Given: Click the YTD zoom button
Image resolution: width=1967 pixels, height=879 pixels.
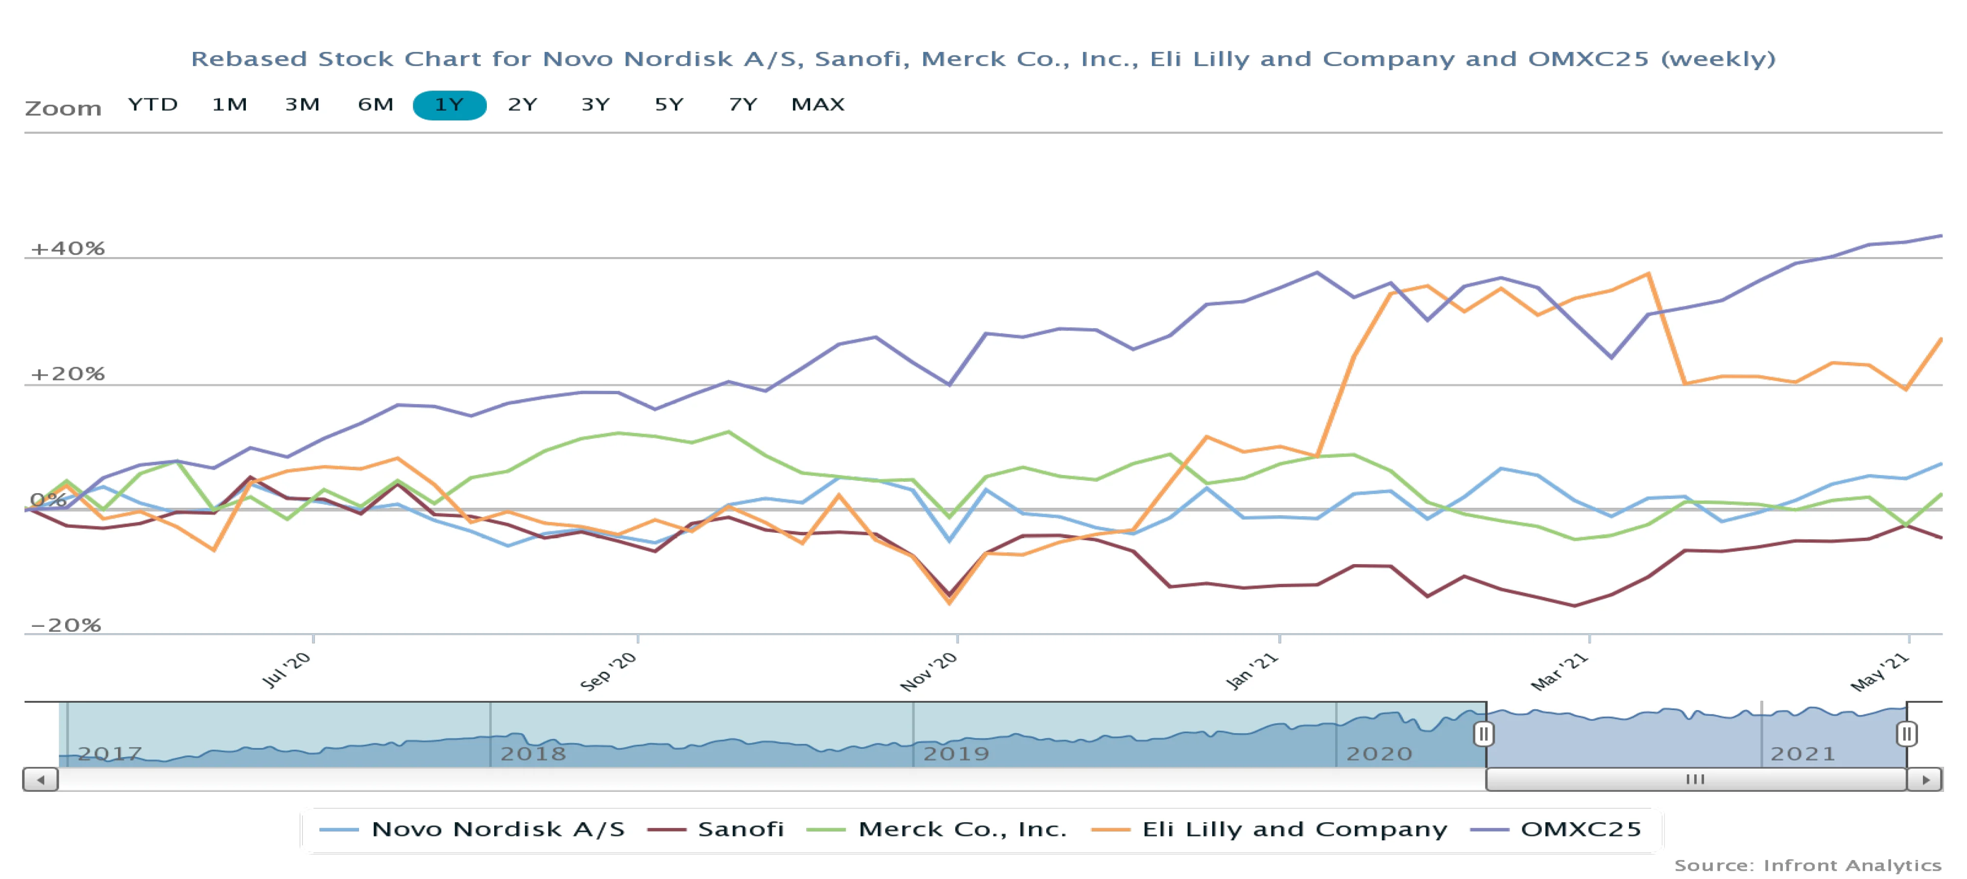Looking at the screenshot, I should (x=153, y=105).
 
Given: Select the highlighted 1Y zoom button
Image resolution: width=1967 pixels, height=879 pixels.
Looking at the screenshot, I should (x=449, y=105).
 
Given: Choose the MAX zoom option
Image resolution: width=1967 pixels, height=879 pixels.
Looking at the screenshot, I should (x=817, y=105).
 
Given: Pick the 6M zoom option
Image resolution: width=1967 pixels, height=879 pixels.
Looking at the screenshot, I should (x=376, y=105).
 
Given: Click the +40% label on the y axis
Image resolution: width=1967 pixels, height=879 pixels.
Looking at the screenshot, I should (x=67, y=248).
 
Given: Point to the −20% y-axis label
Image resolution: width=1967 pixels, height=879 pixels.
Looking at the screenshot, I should (x=65, y=625).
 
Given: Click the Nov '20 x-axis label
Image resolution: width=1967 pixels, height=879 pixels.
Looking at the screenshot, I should (x=929, y=671).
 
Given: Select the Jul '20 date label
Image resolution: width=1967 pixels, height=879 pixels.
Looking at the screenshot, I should (x=287, y=670).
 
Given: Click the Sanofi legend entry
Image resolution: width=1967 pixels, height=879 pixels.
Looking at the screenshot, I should (x=740, y=830).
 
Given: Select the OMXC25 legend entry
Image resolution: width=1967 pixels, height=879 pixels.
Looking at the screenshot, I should (x=1580, y=830).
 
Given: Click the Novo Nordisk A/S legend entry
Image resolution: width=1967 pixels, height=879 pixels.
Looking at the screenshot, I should (x=497, y=830).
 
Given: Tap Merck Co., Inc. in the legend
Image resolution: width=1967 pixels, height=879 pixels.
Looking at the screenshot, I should (x=961, y=830).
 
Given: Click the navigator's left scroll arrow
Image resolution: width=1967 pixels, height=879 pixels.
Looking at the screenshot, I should (x=41, y=780).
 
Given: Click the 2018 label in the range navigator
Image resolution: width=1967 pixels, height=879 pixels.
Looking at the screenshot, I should (x=533, y=754).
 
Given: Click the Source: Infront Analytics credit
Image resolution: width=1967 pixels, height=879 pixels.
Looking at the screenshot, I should (x=1807, y=865).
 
